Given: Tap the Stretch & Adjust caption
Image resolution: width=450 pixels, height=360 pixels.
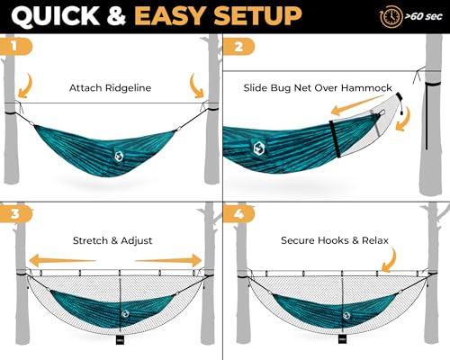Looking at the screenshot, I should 112,241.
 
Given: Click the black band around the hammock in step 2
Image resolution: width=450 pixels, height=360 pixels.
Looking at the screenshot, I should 335,136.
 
